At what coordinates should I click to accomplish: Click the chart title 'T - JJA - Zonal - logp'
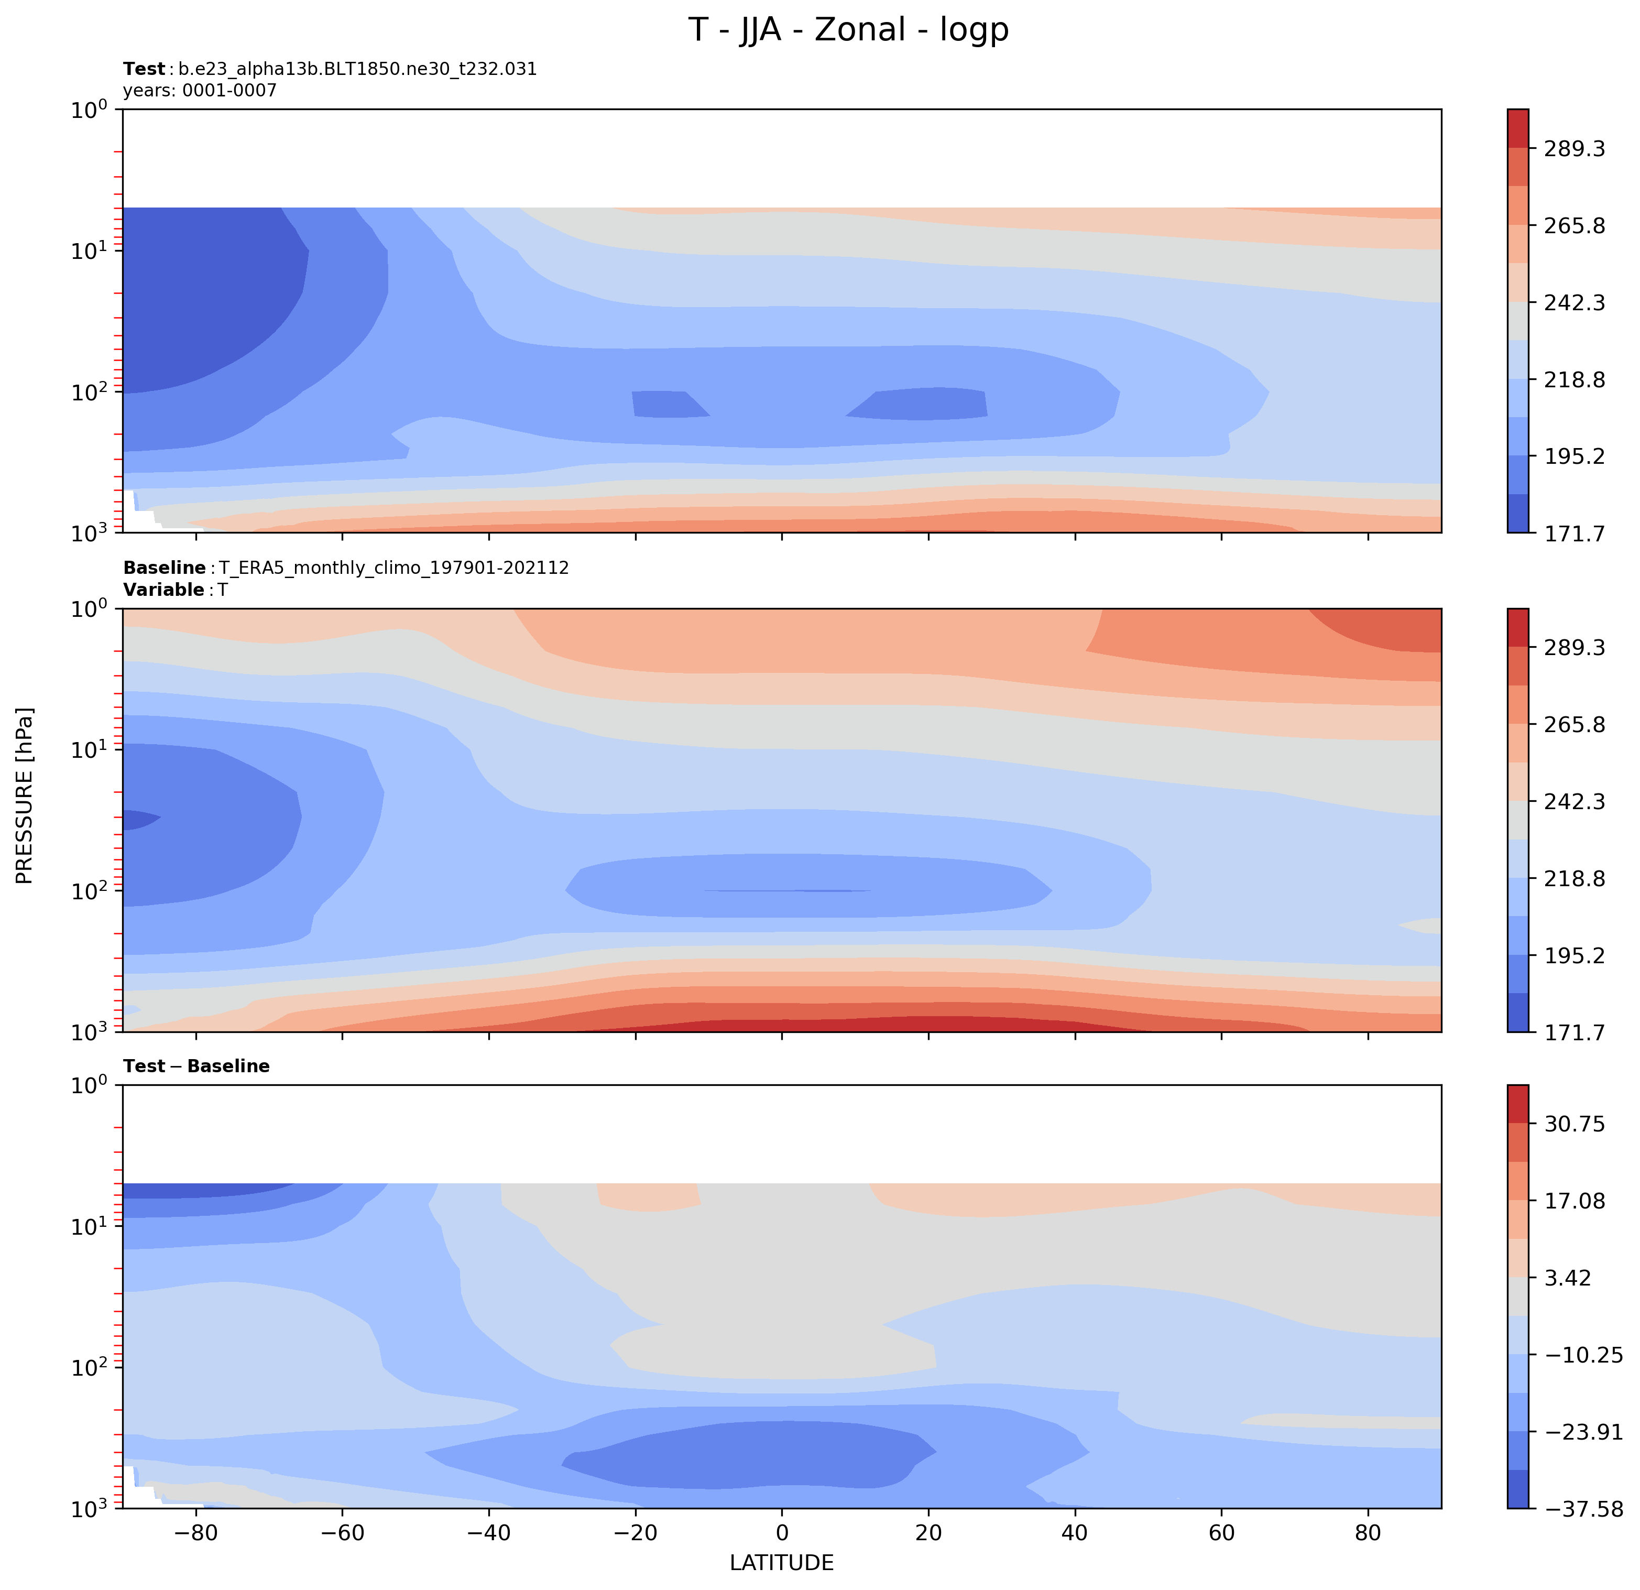pyautogui.click(x=848, y=30)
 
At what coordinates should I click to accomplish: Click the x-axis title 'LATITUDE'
pyautogui.click(x=782, y=1562)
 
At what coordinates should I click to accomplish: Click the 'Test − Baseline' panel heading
pyautogui.click(x=196, y=1066)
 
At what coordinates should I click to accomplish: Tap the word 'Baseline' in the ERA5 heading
pyautogui.click(x=164, y=568)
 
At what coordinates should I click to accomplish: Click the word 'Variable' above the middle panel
pyautogui.click(x=164, y=590)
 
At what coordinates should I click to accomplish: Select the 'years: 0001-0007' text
pyautogui.click(x=200, y=90)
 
